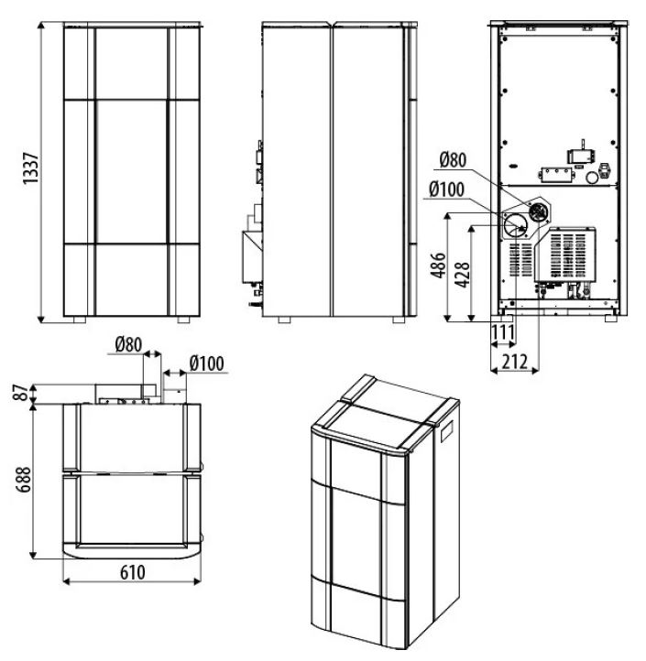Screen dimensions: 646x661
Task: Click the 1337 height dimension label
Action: pos(31,168)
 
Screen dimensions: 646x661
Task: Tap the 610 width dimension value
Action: pos(133,572)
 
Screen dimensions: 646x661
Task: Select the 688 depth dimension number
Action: pos(23,480)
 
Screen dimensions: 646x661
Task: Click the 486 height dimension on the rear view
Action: pos(438,265)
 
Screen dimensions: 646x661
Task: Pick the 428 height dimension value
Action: pos(462,275)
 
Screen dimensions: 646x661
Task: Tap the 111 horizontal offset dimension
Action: pos(503,333)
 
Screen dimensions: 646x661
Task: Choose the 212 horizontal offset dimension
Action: pos(515,362)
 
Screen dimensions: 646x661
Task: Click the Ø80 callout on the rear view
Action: pos(453,160)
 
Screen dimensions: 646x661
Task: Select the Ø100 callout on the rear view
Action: pos(446,190)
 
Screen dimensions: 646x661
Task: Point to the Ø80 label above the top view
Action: pos(128,345)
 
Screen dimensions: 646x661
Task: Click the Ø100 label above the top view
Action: pos(207,363)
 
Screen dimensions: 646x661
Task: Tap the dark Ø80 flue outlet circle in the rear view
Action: pos(538,211)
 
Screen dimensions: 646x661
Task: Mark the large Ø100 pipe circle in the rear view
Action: pos(516,225)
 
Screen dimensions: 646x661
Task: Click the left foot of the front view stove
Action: pos(80,320)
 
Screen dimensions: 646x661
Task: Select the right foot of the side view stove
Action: pos(399,320)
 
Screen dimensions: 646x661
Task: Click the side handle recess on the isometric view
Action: pos(447,431)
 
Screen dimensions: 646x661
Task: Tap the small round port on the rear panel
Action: pos(592,178)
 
